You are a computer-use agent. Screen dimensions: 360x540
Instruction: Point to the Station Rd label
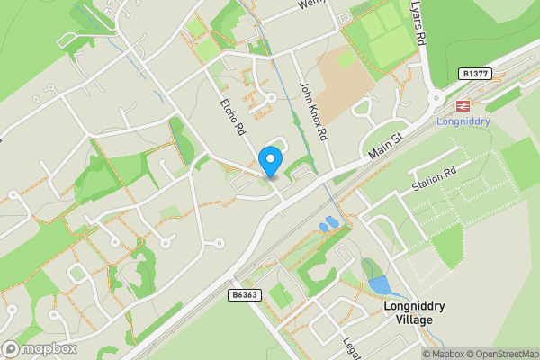tap(435, 177)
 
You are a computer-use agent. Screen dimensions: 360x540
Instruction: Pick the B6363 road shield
tap(239, 293)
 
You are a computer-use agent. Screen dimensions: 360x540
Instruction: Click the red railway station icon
tap(463, 104)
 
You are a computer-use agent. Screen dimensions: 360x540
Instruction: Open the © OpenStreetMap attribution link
tap(502, 354)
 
